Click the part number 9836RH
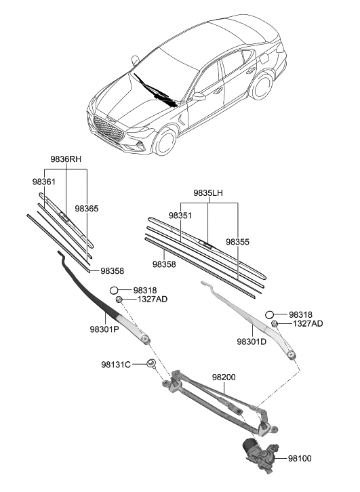click(66, 159)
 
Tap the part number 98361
click(43, 182)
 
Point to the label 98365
click(87, 209)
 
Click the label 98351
click(180, 215)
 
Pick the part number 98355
click(237, 241)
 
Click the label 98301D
click(251, 343)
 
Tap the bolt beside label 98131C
click(151, 366)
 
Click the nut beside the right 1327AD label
click(276, 324)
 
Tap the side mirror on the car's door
click(199, 98)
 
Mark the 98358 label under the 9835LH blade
click(164, 264)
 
